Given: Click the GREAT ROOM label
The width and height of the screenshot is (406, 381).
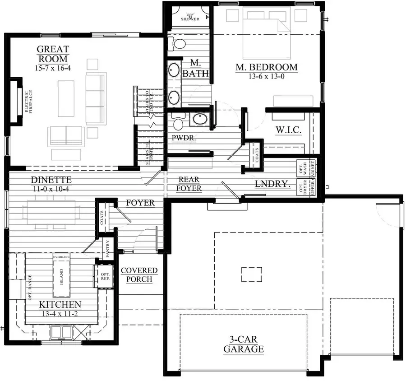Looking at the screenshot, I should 52,54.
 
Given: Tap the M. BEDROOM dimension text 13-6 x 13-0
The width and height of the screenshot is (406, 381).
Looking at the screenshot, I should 266,77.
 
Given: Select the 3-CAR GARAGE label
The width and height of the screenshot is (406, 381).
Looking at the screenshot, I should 244,344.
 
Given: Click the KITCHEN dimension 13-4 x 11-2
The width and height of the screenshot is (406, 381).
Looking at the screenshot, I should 60,313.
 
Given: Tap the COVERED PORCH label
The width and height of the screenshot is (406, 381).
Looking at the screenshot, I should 139,274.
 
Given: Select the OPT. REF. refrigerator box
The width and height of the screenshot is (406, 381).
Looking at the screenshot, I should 105,276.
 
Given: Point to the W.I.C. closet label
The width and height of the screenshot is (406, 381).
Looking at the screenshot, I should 289,130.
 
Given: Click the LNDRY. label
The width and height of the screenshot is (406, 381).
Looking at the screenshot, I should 272,184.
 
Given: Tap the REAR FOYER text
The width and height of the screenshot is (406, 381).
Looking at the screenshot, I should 189,184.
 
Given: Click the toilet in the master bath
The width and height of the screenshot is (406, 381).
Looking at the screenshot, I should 178,43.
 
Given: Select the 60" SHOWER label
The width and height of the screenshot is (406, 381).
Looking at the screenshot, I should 190,17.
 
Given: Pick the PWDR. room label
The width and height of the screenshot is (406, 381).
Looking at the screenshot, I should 184,138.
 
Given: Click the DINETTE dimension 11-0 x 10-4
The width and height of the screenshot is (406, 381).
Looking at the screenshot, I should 51,189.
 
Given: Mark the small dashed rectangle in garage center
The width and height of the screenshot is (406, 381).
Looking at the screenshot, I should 251,274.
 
